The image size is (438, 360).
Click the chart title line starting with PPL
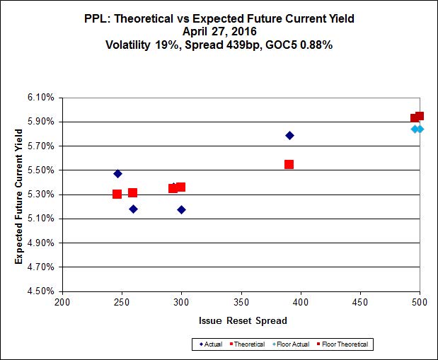point(219,19)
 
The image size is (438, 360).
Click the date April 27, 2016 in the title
point(219,31)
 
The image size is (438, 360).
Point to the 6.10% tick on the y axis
point(40,98)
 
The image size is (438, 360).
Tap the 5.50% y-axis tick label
point(40,170)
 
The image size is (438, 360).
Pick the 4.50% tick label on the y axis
point(40,291)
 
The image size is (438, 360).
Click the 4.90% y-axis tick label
point(40,243)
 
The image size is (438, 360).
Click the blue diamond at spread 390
point(289,135)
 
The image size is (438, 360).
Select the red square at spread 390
point(289,164)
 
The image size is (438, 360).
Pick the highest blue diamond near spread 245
point(117,173)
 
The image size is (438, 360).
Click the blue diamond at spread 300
point(181,209)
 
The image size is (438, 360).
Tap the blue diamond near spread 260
point(133,209)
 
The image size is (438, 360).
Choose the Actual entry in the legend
point(210,344)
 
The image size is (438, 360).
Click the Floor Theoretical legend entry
point(344,344)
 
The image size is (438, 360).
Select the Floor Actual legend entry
point(291,344)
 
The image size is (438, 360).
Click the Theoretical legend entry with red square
point(248,344)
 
